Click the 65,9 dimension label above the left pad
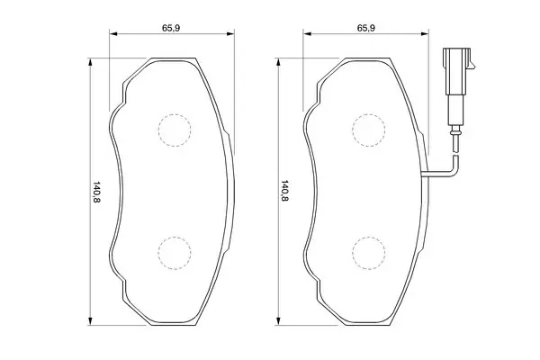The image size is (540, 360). point(171,28)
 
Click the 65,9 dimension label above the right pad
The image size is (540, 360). point(365,28)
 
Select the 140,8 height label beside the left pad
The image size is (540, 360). point(96,192)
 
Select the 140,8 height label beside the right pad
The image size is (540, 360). point(284,191)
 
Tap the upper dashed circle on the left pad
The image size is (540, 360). point(175,114)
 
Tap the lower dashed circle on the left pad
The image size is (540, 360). point(175,238)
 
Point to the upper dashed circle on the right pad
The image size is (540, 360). point(368,114)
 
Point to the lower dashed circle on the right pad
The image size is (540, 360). point(368,238)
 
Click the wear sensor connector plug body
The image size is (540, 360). point(457,71)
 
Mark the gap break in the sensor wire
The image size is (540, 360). point(456,154)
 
